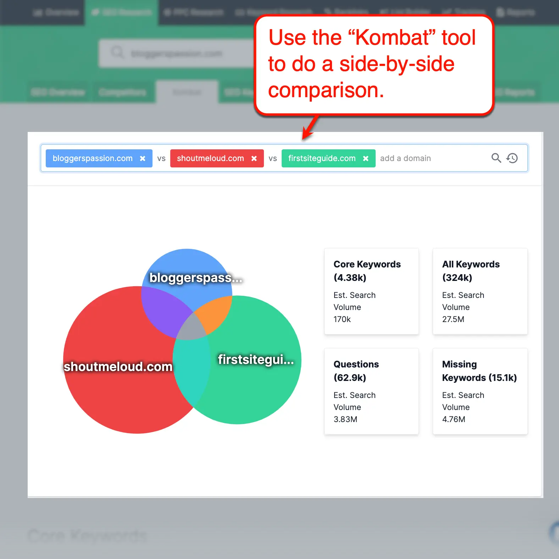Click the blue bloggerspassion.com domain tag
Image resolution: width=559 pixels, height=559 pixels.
93,158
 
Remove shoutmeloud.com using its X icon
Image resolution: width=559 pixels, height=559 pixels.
254,159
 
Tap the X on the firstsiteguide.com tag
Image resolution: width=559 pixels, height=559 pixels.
366,159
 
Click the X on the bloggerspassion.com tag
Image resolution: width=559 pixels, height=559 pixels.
143,159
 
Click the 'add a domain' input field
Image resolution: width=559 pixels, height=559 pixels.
426,158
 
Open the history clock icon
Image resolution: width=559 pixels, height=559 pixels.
512,158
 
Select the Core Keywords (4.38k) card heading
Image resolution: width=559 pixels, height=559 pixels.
367,271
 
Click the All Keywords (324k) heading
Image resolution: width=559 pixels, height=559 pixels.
471,271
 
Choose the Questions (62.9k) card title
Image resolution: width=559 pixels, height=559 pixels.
356,371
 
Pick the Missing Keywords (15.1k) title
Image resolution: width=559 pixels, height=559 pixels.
479,371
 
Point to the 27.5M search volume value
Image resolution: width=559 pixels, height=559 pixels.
453,319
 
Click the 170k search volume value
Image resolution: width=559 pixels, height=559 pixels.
342,319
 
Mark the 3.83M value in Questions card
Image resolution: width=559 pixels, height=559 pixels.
345,419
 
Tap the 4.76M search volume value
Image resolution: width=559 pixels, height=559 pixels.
453,419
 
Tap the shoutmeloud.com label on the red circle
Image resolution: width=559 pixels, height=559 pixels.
118,366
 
